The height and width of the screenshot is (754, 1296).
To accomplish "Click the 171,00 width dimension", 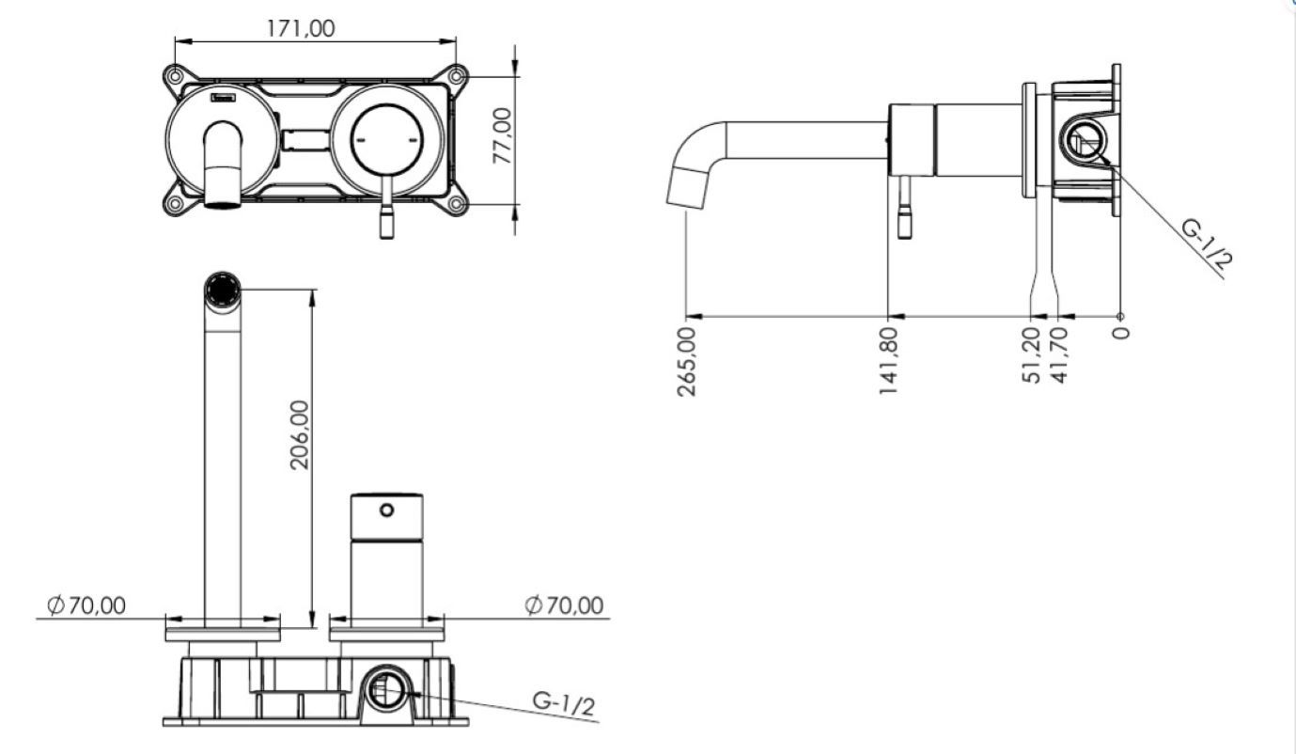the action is tap(301, 28).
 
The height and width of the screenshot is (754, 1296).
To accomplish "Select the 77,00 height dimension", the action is tap(502, 136).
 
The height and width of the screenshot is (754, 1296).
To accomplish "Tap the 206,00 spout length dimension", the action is tap(300, 434).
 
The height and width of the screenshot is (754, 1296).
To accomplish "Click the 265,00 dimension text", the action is tap(686, 362).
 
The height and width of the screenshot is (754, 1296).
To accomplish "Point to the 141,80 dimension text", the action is tap(888, 361).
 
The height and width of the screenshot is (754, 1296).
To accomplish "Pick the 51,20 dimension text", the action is tap(1032, 355).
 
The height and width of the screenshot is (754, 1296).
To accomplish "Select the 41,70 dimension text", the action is tap(1058, 355).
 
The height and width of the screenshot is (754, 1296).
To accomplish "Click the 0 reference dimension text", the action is tap(1120, 333).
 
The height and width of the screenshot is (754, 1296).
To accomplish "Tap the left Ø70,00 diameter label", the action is tap(86, 605).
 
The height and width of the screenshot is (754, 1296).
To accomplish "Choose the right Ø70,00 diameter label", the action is tap(564, 605).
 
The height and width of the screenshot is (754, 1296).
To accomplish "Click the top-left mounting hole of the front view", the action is tap(174, 76).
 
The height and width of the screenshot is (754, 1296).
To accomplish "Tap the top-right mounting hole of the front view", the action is tap(456, 76).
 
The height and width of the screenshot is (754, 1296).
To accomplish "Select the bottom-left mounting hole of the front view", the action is tap(174, 204).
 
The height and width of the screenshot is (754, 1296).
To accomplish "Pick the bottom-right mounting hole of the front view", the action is tap(456, 204).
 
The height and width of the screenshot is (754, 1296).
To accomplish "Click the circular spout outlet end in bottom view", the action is tap(223, 289).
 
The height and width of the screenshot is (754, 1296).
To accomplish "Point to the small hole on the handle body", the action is tap(386, 510).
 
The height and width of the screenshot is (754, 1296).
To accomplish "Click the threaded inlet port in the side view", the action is tap(1082, 141).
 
